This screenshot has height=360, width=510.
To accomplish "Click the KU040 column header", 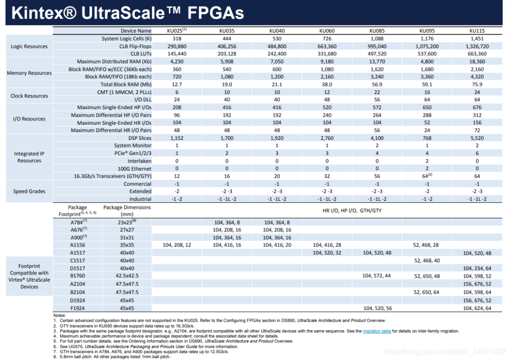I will coord(277,31).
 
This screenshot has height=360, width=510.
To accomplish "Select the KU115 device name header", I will coord(477,31).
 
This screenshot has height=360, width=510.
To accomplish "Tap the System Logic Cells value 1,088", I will coord(377,39).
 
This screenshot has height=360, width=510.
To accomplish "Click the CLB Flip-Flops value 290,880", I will coord(177,46).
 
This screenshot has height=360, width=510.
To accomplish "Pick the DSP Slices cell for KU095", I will coord(427,138).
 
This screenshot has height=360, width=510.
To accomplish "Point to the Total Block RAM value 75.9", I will coord(477,84).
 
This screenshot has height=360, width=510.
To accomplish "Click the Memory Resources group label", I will coord(29,73).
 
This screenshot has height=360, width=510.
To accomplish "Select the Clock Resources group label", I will coord(29,96).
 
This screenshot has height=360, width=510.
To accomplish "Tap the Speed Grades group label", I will coord(29,191).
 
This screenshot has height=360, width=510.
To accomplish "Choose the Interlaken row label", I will coord(139,161).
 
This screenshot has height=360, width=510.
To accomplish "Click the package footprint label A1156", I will coord(77,245).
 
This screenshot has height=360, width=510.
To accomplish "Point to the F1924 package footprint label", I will coord(77,308).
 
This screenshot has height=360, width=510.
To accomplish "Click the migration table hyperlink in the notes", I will coord(376,331).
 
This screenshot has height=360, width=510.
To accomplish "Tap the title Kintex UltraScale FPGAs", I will coord(127,13).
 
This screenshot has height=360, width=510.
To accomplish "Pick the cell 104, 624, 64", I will coord(477,308).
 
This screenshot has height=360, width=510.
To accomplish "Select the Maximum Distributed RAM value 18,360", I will coord(477,61).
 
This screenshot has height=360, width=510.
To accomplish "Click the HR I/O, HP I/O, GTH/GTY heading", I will coord(351,210).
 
